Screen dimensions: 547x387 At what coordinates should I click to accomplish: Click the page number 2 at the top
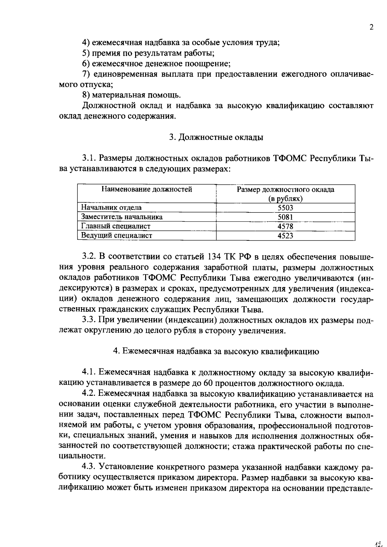371,27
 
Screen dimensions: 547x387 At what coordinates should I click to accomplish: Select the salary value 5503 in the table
285,208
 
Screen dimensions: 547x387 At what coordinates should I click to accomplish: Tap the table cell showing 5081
285,217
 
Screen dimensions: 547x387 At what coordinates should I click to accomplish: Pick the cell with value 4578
285,226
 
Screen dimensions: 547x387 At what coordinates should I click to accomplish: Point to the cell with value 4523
285,236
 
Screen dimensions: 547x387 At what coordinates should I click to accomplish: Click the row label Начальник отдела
111,208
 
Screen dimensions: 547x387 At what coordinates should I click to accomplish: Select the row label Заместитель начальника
122,217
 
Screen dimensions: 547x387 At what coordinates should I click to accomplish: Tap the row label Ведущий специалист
116,236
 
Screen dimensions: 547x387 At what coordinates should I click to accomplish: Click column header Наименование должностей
147,190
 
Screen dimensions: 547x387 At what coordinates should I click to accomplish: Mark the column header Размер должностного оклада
285,190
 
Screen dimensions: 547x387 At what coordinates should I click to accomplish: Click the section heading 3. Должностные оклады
216,137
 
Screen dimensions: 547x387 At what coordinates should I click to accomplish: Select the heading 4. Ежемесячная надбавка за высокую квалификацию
216,352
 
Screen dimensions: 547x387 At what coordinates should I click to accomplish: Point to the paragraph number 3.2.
88,257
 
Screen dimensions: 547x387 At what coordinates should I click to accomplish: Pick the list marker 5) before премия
85,53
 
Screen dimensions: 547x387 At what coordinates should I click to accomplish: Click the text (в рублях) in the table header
285,199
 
